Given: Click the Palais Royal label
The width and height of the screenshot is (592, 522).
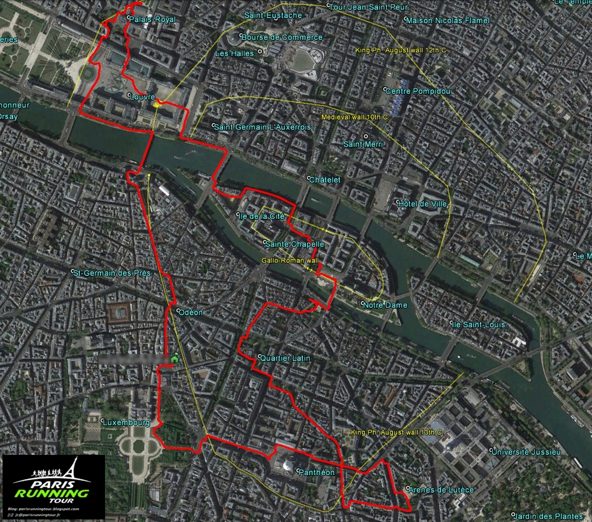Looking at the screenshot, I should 153,19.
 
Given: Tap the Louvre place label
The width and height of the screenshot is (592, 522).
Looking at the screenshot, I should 143,97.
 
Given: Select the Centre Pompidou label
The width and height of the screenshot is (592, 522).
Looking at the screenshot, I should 418,91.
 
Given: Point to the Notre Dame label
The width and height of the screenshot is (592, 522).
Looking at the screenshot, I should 385,305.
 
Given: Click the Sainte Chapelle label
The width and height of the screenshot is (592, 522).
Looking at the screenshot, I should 295,244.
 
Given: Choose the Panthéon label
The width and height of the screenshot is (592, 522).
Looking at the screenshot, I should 316,472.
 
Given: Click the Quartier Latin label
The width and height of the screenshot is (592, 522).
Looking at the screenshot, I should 285,358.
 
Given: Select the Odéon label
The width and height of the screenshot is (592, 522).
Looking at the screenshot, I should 190,312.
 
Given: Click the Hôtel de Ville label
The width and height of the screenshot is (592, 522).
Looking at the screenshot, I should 423,204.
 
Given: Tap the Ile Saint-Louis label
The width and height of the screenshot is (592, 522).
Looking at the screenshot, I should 479,324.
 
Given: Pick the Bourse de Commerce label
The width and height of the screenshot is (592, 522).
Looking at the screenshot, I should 282,37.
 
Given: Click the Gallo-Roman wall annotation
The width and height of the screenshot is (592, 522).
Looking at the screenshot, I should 290,260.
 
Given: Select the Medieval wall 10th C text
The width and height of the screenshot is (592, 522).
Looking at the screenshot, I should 355,117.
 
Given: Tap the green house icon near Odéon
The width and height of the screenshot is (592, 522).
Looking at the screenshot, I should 174,358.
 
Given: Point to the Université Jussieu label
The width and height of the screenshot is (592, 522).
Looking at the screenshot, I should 525,452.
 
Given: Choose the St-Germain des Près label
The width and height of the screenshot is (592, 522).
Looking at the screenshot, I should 112,273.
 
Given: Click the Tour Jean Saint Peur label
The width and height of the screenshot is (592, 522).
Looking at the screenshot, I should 371,7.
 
